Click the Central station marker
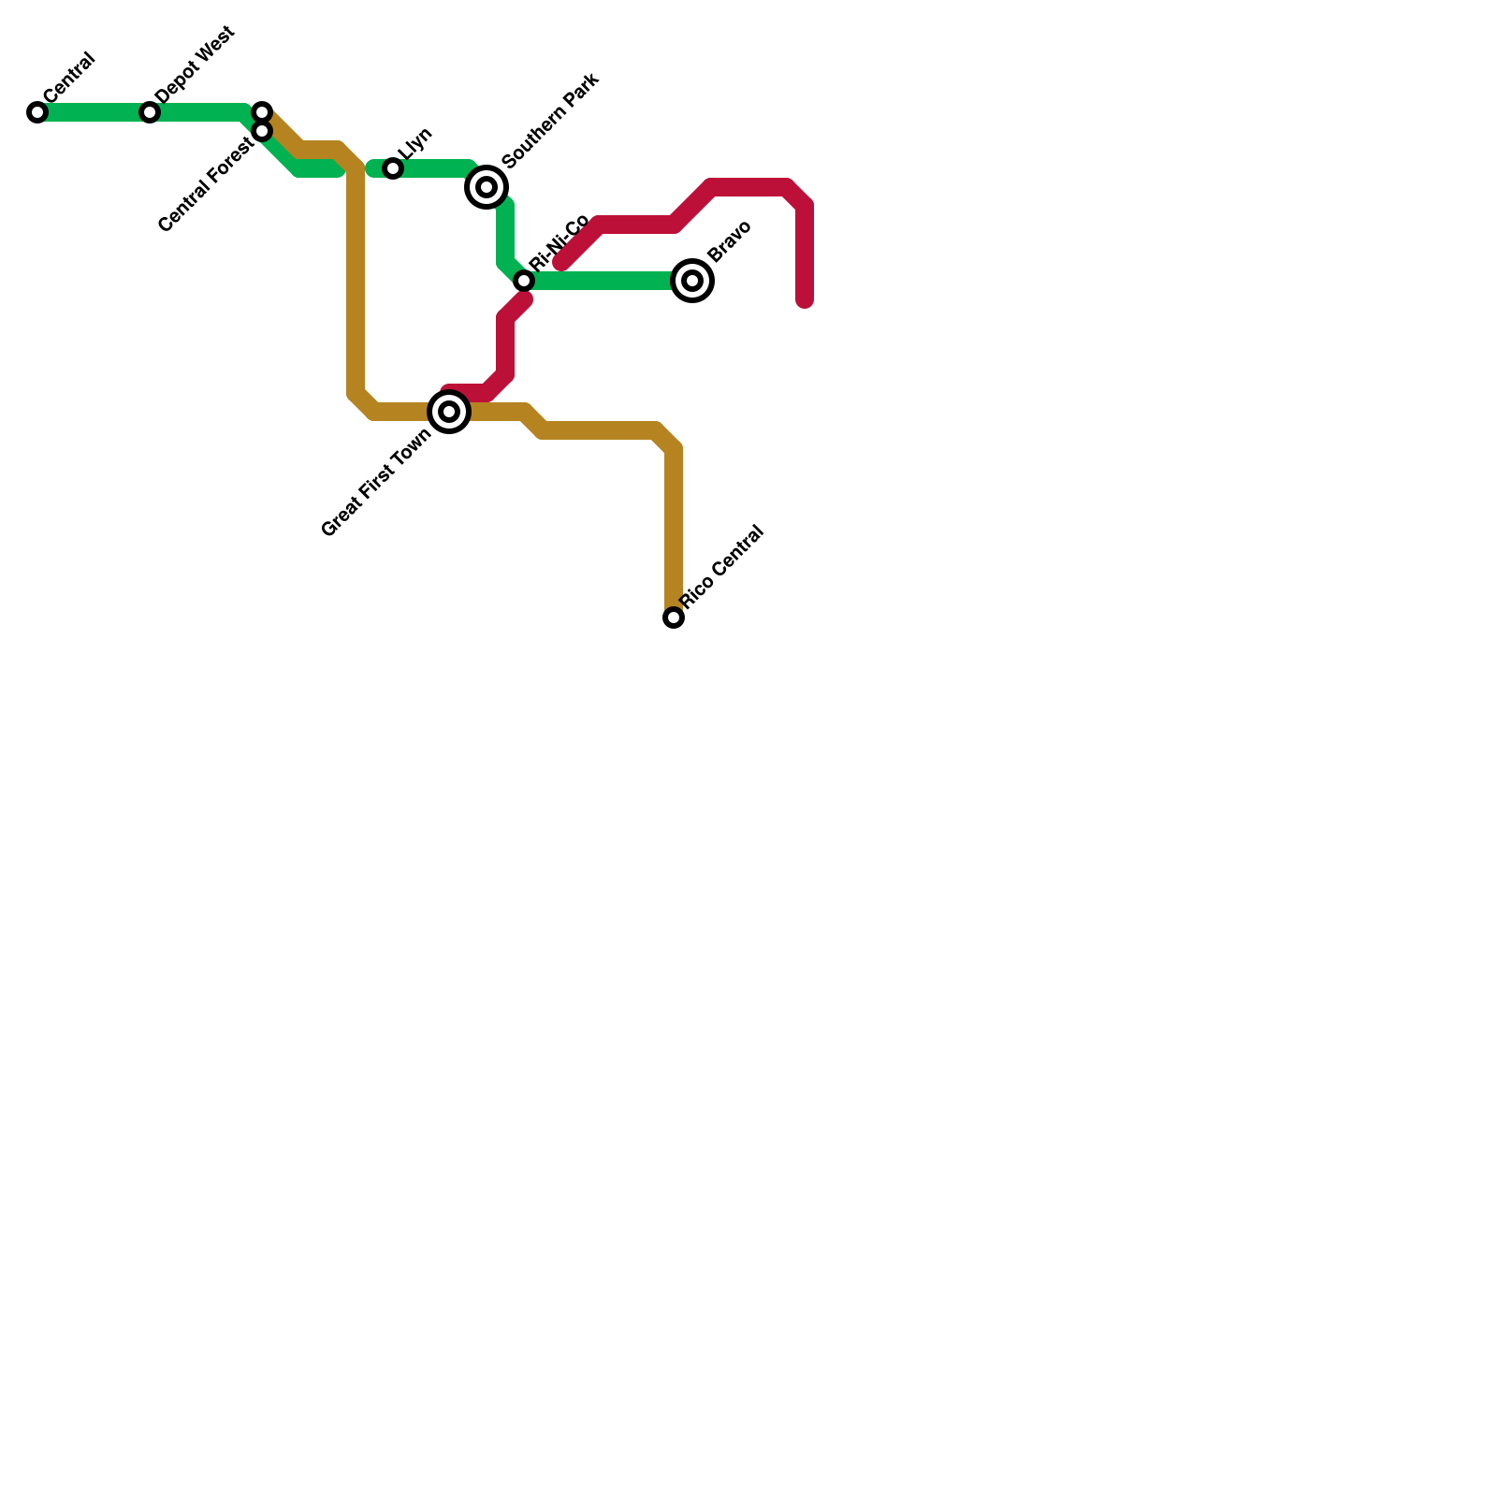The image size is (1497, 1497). pyautogui.click(x=37, y=112)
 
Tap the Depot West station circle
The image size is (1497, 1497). pyautogui.click(x=150, y=112)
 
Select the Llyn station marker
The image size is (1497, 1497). pyautogui.click(x=393, y=168)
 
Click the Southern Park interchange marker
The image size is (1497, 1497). pyautogui.click(x=487, y=187)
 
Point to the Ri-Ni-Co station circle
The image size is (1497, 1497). pyautogui.click(x=524, y=281)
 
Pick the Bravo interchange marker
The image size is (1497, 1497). pyautogui.click(x=692, y=280)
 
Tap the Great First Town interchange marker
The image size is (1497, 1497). pyautogui.click(x=449, y=412)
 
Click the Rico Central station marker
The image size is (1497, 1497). pyautogui.click(x=674, y=618)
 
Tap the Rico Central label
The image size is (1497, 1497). pyautogui.click(x=722, y=568)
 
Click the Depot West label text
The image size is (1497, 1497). pyautogui.click(x=195, y=65)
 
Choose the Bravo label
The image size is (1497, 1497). pyautogui.click(x=729, y=241)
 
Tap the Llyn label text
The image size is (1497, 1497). pyautogui.click(x=414, y=144)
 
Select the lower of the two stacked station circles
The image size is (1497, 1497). pyautogui.click(x=262, y=131)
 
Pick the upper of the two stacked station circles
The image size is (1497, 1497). pyautogui.click(x=262, y=112)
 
